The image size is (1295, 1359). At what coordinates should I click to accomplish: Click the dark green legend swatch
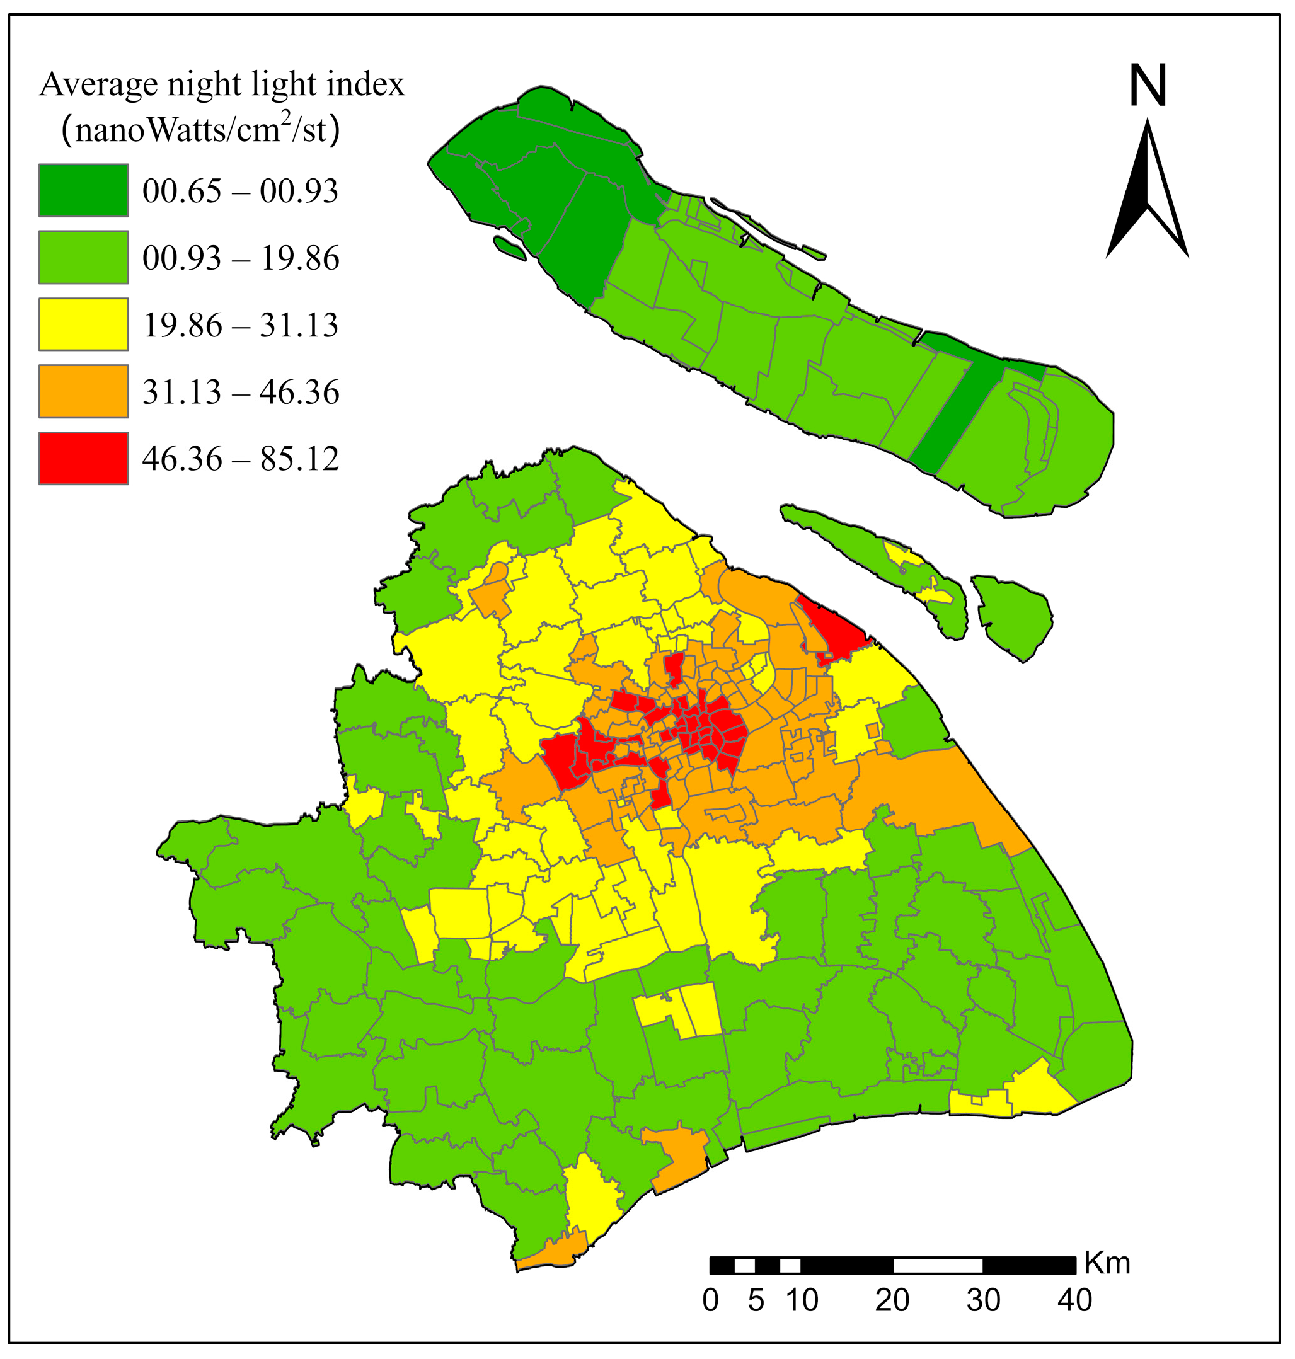coord(84,190)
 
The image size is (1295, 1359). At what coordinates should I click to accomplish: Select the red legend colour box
coord(84,458)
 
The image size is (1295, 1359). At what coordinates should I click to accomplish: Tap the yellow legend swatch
coord(84,324)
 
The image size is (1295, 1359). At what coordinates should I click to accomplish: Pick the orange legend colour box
coord(84,391)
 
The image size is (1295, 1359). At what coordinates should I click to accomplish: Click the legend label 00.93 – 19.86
coord(240,258)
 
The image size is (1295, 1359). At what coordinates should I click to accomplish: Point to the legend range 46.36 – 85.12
coord(240,459)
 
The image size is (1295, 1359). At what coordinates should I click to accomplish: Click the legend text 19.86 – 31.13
coord(240,325)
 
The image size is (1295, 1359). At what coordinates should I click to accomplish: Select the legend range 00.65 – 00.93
coord(240,191)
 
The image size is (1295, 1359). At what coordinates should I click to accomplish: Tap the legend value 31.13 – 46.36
coord(240,392)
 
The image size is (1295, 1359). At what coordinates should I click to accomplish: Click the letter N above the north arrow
coord(1148,86)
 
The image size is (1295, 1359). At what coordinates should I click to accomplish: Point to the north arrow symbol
coord(1148,193)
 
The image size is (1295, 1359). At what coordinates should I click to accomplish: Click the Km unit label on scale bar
coord(1107,1264)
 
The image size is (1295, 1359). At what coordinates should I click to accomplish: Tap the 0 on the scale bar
coord(710,1301)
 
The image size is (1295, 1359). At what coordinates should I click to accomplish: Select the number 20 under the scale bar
coord(892,1301)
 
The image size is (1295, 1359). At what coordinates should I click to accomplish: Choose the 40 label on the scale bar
coord(1075,1301)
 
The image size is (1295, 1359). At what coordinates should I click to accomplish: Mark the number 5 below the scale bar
coord(756,1301)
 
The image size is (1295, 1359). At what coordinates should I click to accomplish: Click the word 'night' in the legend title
coord(204,85)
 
